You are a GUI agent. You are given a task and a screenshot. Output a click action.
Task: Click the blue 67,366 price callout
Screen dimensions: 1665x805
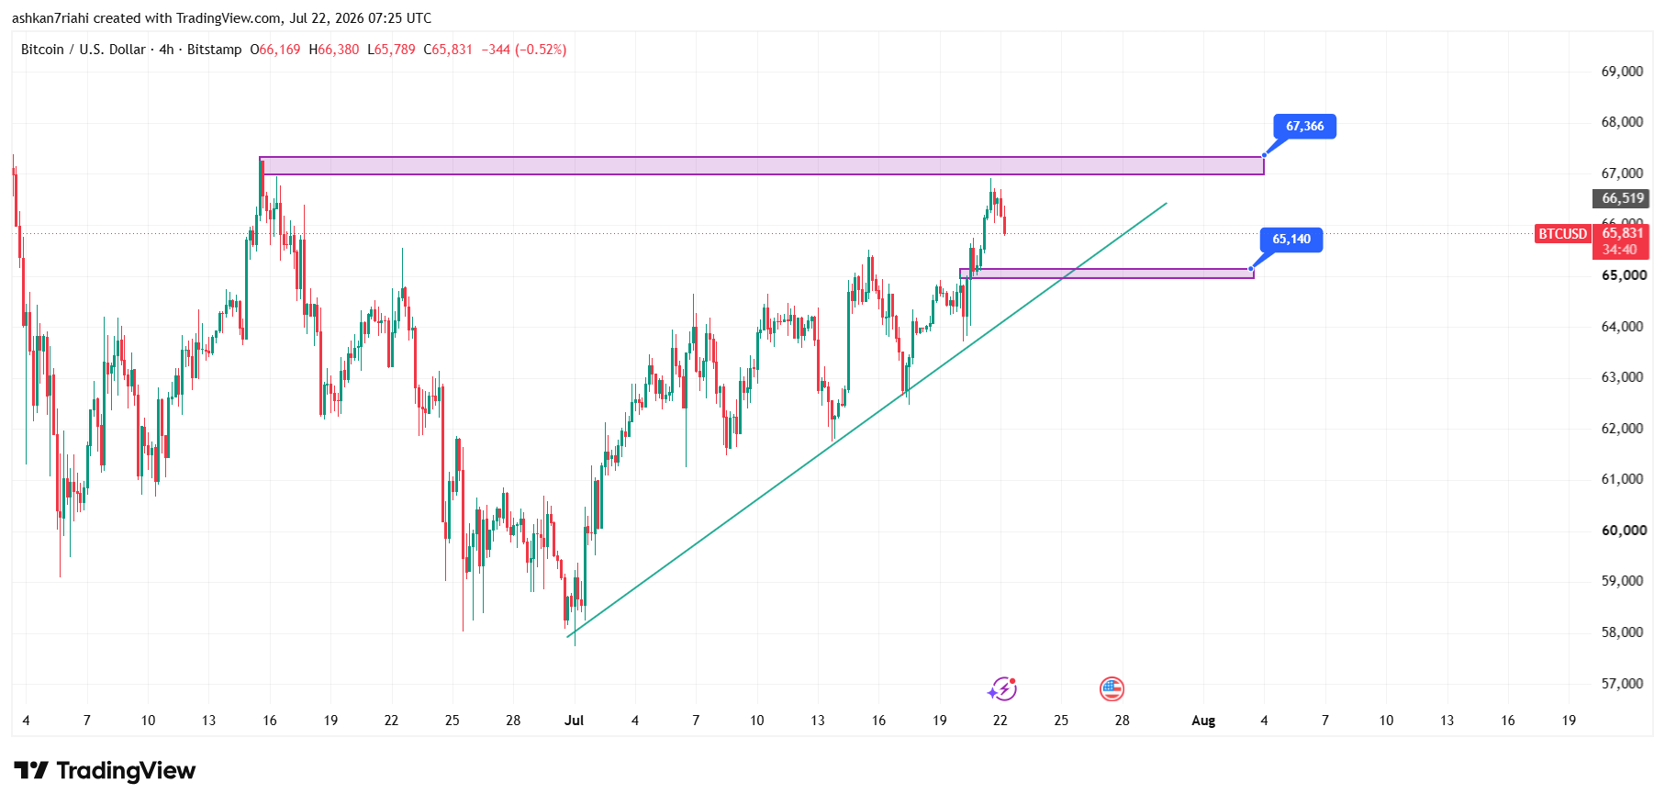point(1304,127)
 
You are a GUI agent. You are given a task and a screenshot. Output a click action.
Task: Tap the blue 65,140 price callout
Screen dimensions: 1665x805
point(1291,240)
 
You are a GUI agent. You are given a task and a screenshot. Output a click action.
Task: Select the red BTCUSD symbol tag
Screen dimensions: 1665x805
point(1562,234)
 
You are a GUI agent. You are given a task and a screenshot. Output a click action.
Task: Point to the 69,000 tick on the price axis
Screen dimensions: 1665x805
point(1622,72)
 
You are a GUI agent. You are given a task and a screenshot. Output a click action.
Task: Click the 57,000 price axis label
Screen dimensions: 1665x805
point(1622,683)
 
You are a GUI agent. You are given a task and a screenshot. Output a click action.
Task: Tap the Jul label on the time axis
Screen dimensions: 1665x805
point(574,721)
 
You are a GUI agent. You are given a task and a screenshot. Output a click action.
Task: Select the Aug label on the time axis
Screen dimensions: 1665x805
point(1203,721)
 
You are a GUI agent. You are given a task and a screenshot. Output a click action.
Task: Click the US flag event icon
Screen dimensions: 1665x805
point(1112,688)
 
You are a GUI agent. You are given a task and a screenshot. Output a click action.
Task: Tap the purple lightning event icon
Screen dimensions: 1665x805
point(1002,688)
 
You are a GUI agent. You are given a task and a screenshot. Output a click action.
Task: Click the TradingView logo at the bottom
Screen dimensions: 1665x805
point(105,770)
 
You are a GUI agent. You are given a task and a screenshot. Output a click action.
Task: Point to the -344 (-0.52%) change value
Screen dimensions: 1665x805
point(524,50)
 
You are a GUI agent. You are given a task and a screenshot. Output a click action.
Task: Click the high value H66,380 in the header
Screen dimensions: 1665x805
point(334,50)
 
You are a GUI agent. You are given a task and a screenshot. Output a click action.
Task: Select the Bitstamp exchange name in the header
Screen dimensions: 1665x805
point(214,50)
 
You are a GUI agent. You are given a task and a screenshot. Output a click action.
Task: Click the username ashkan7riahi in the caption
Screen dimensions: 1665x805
point(50,18)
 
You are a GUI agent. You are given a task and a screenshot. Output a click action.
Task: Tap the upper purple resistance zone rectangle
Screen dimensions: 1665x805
point(762,166)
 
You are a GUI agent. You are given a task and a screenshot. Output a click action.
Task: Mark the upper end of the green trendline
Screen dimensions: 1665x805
point(1167,203)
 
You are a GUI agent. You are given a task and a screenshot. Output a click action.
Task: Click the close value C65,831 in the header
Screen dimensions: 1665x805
point(448,50)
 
